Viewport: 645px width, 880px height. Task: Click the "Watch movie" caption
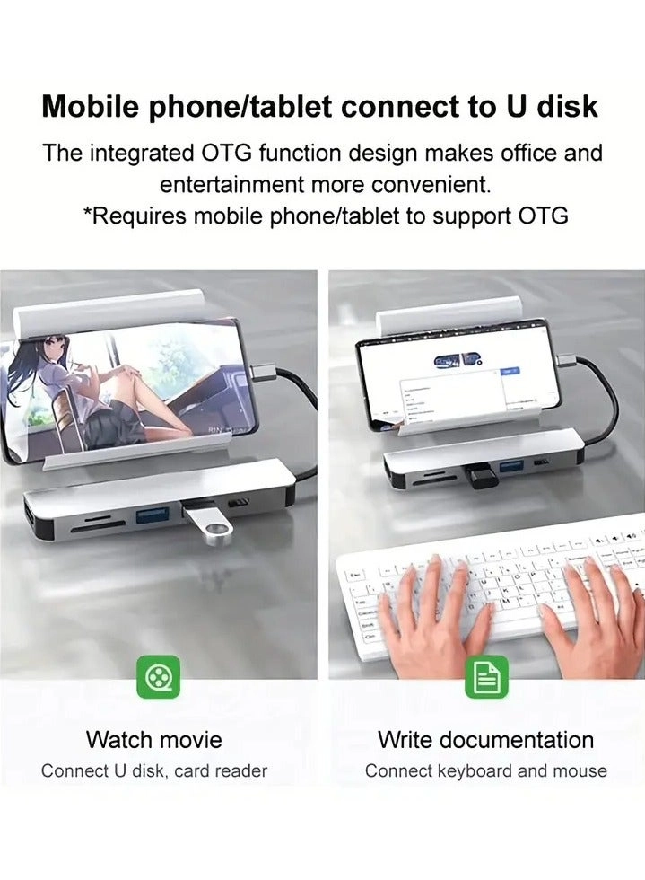(154, 740)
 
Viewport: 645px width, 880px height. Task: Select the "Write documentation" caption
(485, 740)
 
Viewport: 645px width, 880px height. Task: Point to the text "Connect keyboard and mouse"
(485, 770)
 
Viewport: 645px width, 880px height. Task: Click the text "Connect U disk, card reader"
(154, 770)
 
